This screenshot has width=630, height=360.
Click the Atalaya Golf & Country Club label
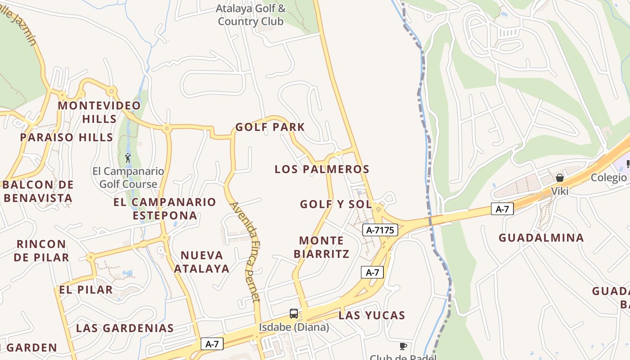tap(251, 15)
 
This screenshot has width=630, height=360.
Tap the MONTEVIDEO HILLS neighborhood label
tap(99, 112)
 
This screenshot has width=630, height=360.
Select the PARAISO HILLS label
tap(66, 137)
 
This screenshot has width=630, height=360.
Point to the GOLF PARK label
tap(270, 127)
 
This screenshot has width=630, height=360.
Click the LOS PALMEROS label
tap(322, 169)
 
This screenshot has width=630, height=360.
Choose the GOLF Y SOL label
tap(336, 204)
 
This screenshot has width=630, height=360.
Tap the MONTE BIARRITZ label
tap(321, 247)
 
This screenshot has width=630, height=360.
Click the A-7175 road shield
tap(380, 230)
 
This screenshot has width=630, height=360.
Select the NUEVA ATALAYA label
tap(202, 262)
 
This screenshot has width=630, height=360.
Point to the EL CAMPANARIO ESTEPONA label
tap(165, 208)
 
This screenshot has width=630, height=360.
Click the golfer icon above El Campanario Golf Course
tap(128, 158)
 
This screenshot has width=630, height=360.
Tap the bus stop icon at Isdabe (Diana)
tap(294, 314)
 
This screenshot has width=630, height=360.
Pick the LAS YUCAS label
tap(372, 315)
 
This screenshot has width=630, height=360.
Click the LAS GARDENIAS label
tap(125, 328)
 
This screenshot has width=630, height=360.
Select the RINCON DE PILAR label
tap(41, 251)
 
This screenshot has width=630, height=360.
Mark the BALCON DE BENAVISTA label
tap(38, 191)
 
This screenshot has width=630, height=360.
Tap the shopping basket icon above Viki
tap(560, 178)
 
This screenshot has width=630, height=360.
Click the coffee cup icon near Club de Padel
tap(403, 346)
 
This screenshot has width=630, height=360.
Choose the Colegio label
tap(608, 177)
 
